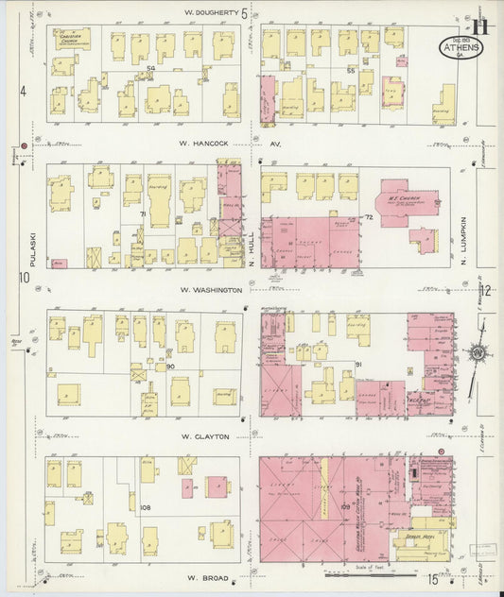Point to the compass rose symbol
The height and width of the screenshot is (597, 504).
coord(479,354)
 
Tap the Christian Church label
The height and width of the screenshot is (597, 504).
coord(72,38)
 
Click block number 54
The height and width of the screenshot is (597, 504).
coord(150,68)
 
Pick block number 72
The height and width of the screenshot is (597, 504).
coord(368,218)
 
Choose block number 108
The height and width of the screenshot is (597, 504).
coord(146,508)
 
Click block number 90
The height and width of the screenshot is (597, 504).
coord(171,367)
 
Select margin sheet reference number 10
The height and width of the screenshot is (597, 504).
coord(22,277)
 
